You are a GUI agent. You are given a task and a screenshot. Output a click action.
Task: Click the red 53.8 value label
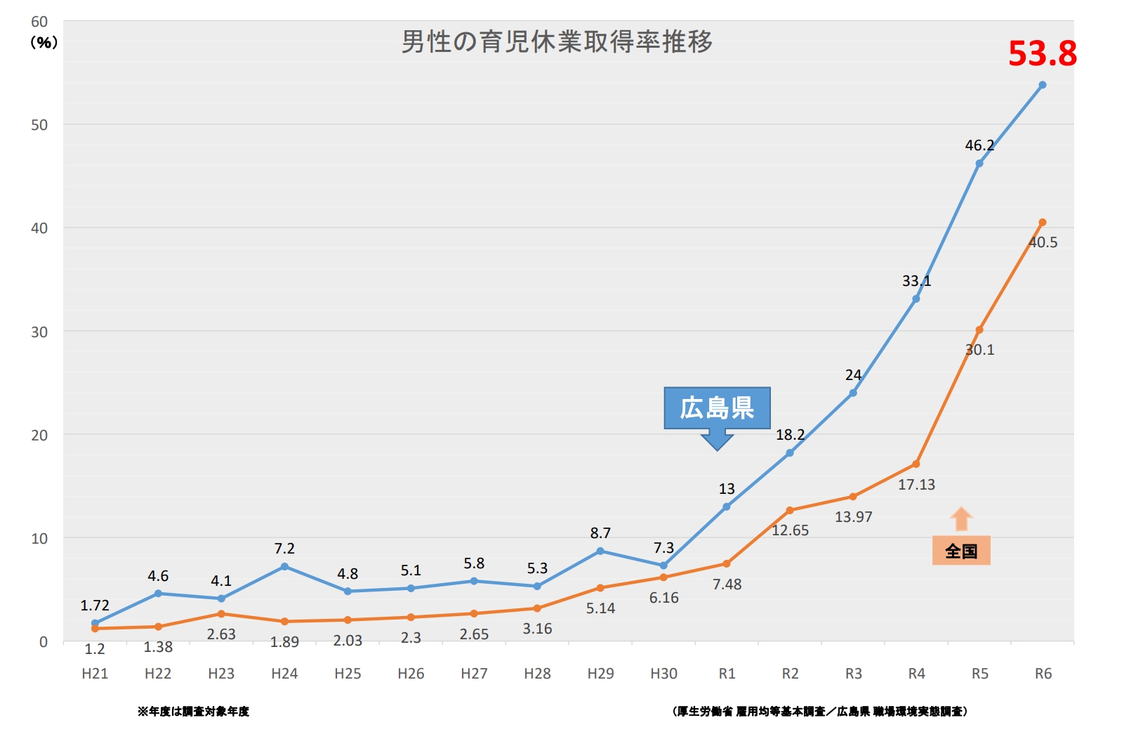[1042, 54]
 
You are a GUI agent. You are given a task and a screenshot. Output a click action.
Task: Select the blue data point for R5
[979, 164]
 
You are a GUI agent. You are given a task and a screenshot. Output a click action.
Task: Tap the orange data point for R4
[916, 464]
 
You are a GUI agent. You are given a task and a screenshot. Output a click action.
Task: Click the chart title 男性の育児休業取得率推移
[557, 42]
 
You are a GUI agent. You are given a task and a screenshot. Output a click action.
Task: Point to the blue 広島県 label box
[717, 408]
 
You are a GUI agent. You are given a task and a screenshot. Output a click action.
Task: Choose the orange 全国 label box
[961, 551]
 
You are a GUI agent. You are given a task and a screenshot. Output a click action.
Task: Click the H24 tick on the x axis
[284, 674]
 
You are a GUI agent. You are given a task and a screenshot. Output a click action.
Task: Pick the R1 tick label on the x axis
[727, 674]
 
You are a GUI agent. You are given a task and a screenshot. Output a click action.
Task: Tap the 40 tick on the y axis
[39, 228]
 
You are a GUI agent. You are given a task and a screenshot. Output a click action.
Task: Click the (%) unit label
[44, 43]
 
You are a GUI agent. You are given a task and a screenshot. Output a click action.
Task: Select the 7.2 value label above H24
[284, 549]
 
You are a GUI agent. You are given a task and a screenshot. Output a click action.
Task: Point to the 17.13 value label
[916, 485]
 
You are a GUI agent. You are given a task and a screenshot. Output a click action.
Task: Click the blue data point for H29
[600, 551]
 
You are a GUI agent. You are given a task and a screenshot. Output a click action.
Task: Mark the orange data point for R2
[790, 511]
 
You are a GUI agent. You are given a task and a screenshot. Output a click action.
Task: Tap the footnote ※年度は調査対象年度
[193, 712]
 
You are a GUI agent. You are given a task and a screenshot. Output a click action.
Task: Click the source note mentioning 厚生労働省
[819, 712]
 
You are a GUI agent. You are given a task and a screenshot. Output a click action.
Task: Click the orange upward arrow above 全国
[961, 519]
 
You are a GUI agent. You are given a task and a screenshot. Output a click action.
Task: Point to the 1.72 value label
[95, 606]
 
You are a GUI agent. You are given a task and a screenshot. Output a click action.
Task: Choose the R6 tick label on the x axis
[1043, 674]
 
